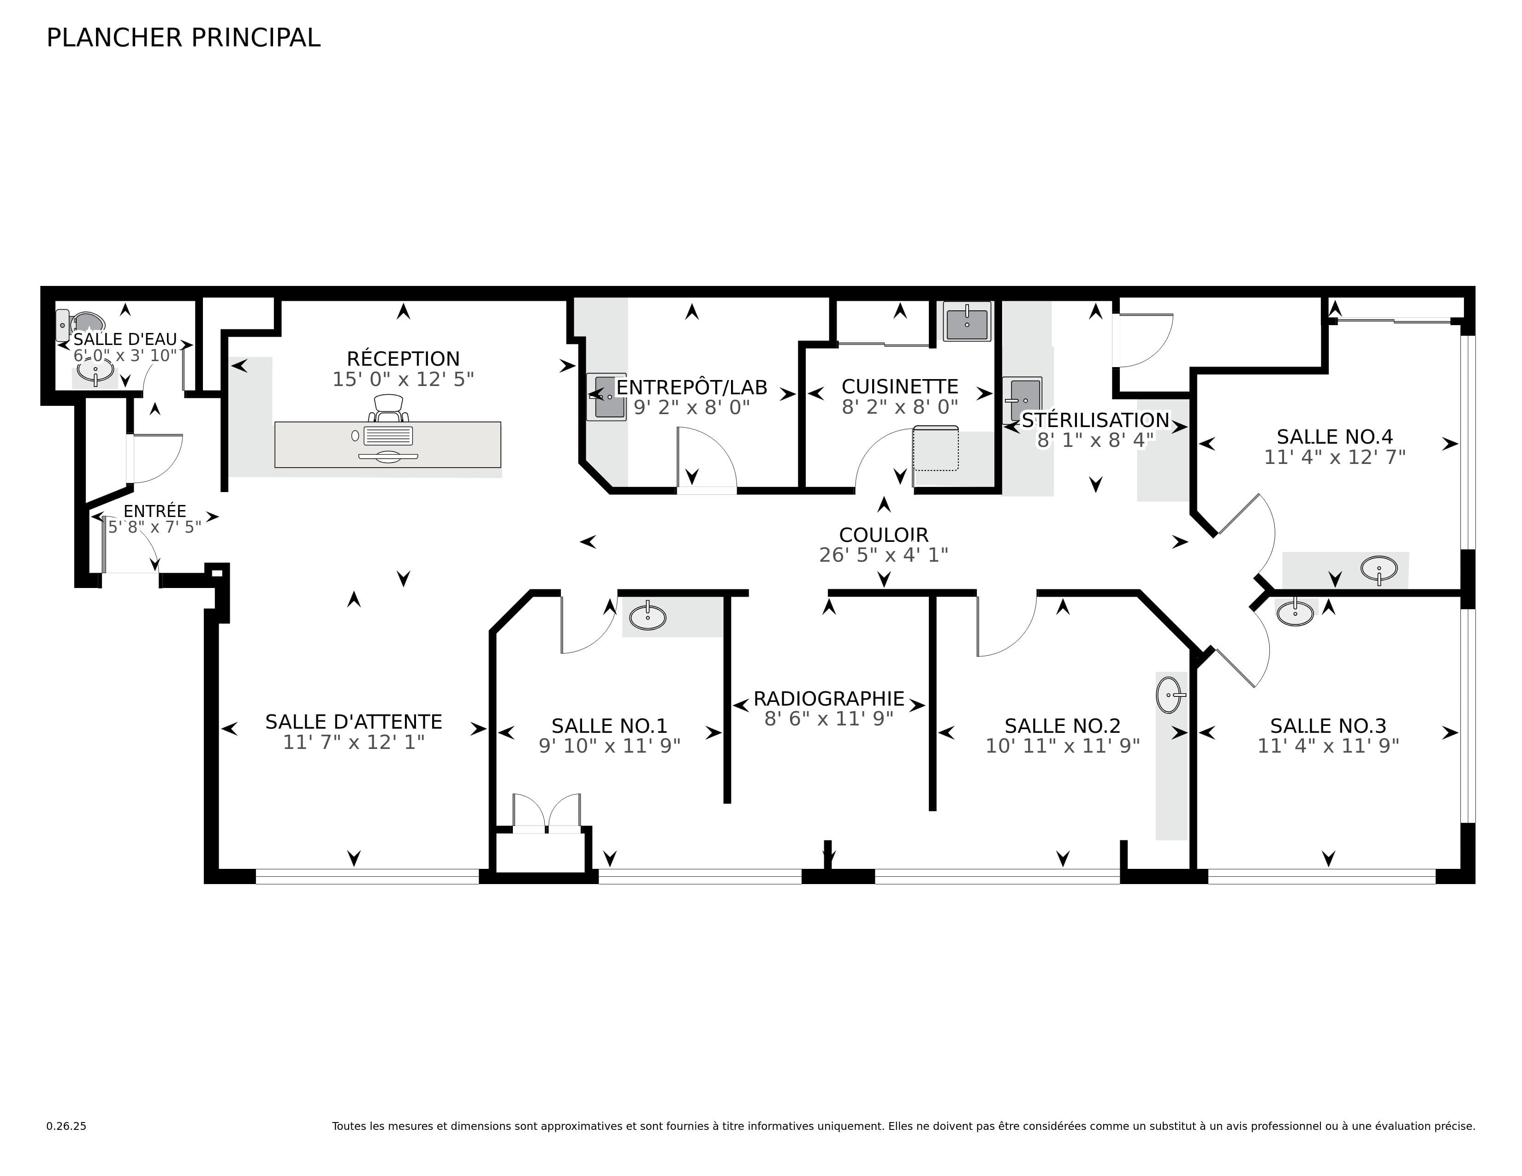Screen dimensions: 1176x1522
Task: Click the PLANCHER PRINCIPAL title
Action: [183, 38]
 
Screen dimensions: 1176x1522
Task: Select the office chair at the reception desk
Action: [389, 408]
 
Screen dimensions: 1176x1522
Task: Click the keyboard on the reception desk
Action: [388, 436]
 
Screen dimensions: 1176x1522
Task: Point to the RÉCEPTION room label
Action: [403, 359]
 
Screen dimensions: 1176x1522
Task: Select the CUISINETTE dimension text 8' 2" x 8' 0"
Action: [900, 407]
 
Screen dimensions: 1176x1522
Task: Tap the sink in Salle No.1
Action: [648, 617]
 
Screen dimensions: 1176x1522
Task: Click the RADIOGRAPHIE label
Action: [829, 699]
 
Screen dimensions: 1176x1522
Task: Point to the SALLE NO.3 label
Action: [1327, 726]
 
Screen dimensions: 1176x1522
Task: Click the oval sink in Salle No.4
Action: [1379, 569]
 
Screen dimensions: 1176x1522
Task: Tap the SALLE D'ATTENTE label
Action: [353, 722]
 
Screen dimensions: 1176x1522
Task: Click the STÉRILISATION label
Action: [1095, 420]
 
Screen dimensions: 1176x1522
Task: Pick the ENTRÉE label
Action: [155, 511]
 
